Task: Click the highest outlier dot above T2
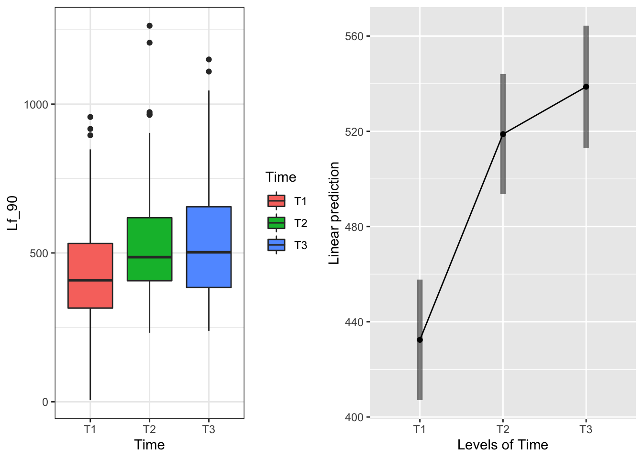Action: (149, 26)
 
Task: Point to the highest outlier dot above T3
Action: (209, 59)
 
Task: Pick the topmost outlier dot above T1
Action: (90, 117)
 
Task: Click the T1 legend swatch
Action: (276, 201)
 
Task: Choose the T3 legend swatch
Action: (276, 245)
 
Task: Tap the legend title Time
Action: (281, 177)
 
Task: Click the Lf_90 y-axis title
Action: (13, 213)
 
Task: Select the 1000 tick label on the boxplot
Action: (36, 105)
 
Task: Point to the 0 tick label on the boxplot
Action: (45, 402)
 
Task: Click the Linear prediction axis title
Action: (334, 213)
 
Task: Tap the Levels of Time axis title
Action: (502, 445)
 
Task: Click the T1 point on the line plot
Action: (420, 340)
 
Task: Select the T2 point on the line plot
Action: (503, 134)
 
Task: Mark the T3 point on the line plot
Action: (586, 87)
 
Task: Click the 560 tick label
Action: (355, 36)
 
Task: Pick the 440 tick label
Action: (355, 322)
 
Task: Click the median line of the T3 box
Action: (209, 252)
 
